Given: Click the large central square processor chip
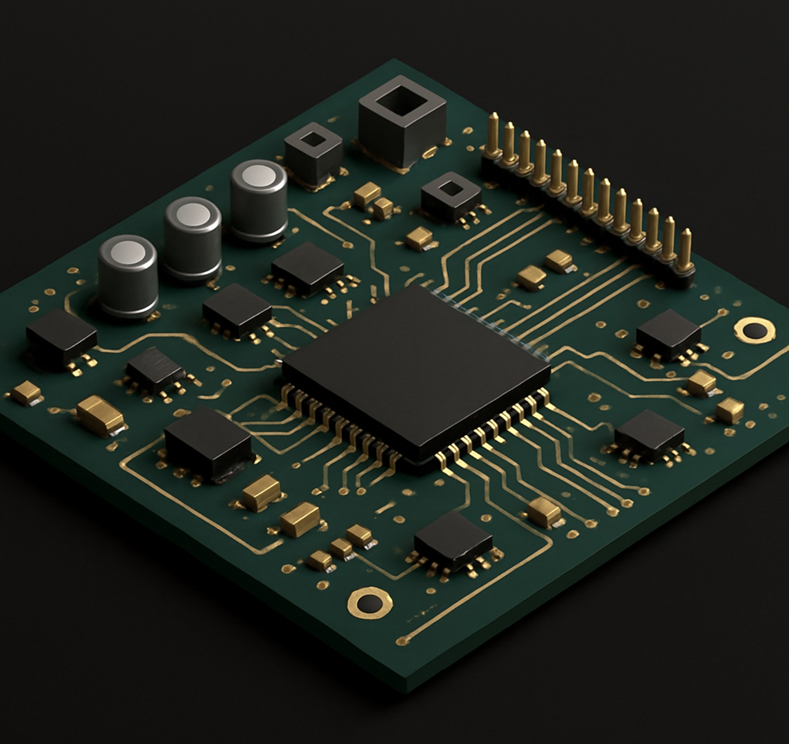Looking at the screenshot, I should click(x=416, y=368).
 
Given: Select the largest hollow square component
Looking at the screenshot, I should click(x=402, y=120).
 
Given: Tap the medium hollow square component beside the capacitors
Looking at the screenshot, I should click(x=313, y=153).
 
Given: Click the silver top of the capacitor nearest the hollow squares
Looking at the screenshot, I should click(x=258, y=175).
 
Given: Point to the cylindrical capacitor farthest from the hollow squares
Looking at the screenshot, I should click(x=128, y=275).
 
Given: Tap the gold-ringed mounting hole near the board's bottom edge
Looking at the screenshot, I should click(x=369, y=603).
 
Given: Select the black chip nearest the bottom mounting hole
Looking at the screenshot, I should click(x=453, y=541).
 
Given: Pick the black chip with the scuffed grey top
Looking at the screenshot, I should click(x=155, y=370).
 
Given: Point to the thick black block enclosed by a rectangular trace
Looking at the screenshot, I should click(x=208, y=443).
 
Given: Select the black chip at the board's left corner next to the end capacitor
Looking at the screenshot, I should click(x=61, y=337).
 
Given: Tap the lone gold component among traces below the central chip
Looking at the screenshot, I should click(x=544, y=512).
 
